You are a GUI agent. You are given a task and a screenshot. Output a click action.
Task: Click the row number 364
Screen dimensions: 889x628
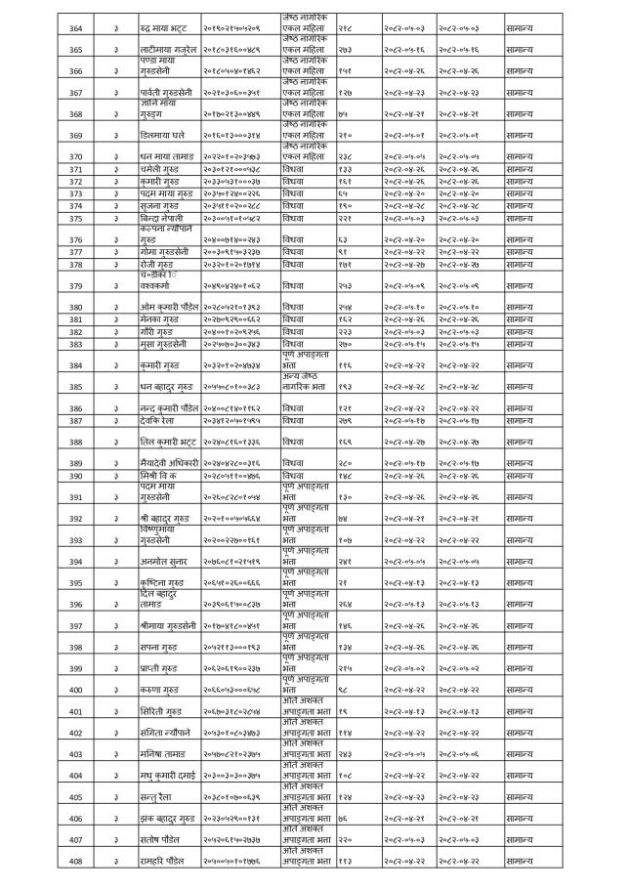pos(75,28)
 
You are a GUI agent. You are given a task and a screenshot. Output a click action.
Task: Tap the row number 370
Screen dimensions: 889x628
pos(75,156)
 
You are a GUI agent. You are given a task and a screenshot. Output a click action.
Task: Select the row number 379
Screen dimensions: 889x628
pos(75,286)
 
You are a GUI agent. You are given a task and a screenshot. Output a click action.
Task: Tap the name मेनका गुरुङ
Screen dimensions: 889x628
pos(161,320)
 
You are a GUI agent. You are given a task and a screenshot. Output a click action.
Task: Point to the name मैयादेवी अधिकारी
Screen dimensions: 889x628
pos(170,462)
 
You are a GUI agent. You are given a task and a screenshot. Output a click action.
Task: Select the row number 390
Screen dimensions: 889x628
pos(75,475)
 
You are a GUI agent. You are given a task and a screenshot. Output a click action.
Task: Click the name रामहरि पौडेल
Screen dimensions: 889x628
pos(163,861)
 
